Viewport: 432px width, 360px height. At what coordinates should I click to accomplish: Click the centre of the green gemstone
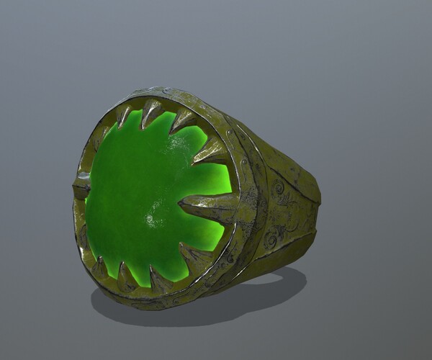148,198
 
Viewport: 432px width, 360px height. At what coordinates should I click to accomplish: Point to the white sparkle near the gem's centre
153,216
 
